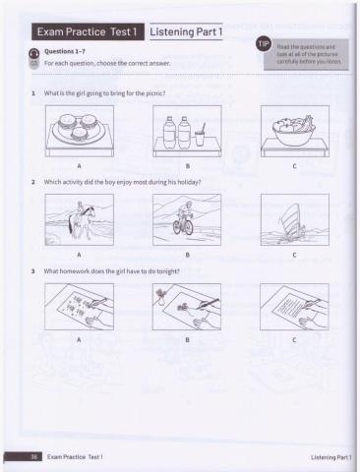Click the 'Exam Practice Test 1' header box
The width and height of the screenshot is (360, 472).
point(89,33)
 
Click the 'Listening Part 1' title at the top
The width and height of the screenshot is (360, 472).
point(190,33)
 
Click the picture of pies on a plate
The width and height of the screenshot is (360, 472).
point(79,132)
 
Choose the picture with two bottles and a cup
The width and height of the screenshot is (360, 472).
point(186,132)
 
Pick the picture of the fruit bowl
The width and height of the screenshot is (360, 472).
point(293,132)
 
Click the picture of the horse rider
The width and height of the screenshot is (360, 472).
point(79,219)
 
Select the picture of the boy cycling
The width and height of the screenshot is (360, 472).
point(186,219)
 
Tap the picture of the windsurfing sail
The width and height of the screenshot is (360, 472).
point(293,219)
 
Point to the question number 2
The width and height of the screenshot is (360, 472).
point(34,183)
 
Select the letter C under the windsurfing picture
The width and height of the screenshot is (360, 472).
point(293,254)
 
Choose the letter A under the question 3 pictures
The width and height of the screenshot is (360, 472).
point(79,340)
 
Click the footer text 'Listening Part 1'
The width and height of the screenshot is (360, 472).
point(330,457)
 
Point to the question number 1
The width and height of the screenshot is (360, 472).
point(34,93)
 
